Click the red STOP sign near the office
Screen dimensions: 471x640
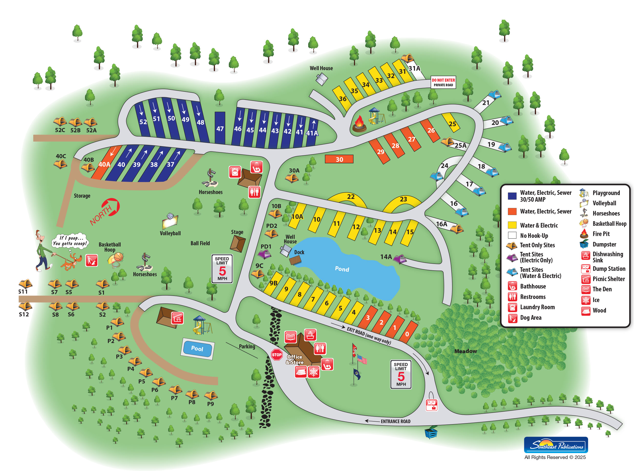pyautogui.click(x=276, y=355)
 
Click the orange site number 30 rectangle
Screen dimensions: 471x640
pyautogui.click(x=339, y=159)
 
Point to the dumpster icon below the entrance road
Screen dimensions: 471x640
pyautogui.click(x=431, y=432)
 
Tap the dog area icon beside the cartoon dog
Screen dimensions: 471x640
pyautogui.click(x=91, y=260)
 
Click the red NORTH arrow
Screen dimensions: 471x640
pyautogui.click(x=107, y=211)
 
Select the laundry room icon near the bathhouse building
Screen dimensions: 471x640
pyautogui.click(x=235, y=172)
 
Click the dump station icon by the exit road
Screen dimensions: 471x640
pyautogui.click(x=431, y=404)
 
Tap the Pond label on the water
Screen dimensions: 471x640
pyautogui.click(x=342, y=269)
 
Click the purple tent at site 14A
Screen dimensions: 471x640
pyautogui.click(x=400, y=259)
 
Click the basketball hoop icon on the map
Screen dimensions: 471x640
pyautogui.click(x=116, y=260)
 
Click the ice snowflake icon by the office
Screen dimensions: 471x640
pyautogui.click(x=313, y=372)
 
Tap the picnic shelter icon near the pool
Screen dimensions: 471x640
pyautogui.click(x=177, y=318)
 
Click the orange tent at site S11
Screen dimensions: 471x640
pyautogui.click(x=25, y=284)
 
